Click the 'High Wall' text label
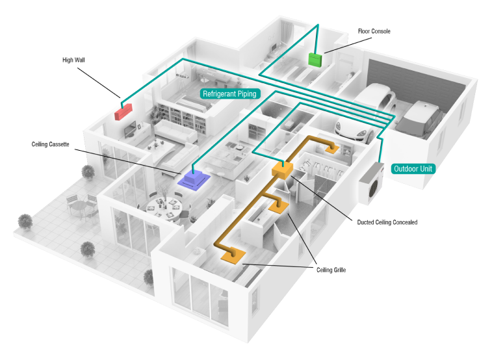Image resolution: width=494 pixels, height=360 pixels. click(x=73, y=60)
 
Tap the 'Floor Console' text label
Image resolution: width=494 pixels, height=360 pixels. click(x=374, y=31)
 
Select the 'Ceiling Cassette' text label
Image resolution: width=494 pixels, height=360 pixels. click(x=50, y=144)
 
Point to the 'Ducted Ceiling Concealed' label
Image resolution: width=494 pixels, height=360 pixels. click(x=387, y=222)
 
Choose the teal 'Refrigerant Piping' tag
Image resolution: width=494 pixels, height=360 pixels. click(x=230, y=94)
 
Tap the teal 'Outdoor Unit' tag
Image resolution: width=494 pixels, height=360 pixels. click(x=413, y=169)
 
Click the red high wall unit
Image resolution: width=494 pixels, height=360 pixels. click(x=123, y=110)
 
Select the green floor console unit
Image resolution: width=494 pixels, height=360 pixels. click(x=315, y=60)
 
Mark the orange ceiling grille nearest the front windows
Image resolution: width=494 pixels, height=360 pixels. click(x=232, y=256)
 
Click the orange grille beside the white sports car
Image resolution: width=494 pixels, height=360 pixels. click(x=334, y=149)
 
